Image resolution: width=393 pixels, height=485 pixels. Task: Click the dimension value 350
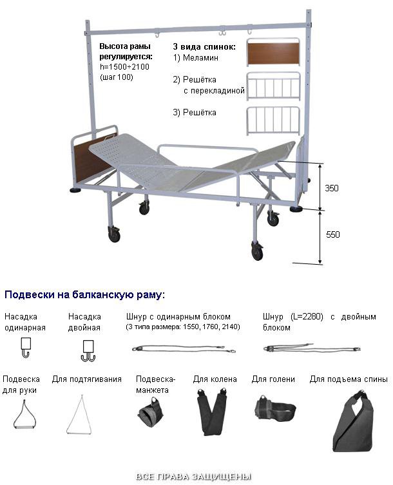[x=331, y=188]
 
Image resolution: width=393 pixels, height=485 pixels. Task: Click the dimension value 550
[x=332, y=234]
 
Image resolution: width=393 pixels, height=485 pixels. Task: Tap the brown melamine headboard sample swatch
[x=273, y=53]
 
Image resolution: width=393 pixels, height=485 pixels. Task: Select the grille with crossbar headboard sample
[x=273, y=86]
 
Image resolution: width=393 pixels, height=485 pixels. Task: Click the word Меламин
[x=200, y=57]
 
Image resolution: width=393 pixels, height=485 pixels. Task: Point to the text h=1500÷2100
[x=124, y=67]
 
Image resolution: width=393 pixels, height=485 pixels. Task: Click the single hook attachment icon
[x=26, y=347]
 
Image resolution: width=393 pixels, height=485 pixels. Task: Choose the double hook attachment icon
[x=88, y=351]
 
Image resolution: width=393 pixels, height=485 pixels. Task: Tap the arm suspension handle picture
[x=24, y=414]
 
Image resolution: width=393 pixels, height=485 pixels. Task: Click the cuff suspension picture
[x=150, y=411]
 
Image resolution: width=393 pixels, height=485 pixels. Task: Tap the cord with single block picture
[x=184, y=348]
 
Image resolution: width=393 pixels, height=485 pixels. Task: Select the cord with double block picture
[x=312, y=348]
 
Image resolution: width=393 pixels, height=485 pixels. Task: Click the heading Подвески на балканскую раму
[x=85, y=294]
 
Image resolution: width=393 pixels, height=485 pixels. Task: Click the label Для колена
[x=215, y=379]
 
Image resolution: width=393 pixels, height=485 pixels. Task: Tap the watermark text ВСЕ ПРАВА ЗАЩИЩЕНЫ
[x=194, y=476]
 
